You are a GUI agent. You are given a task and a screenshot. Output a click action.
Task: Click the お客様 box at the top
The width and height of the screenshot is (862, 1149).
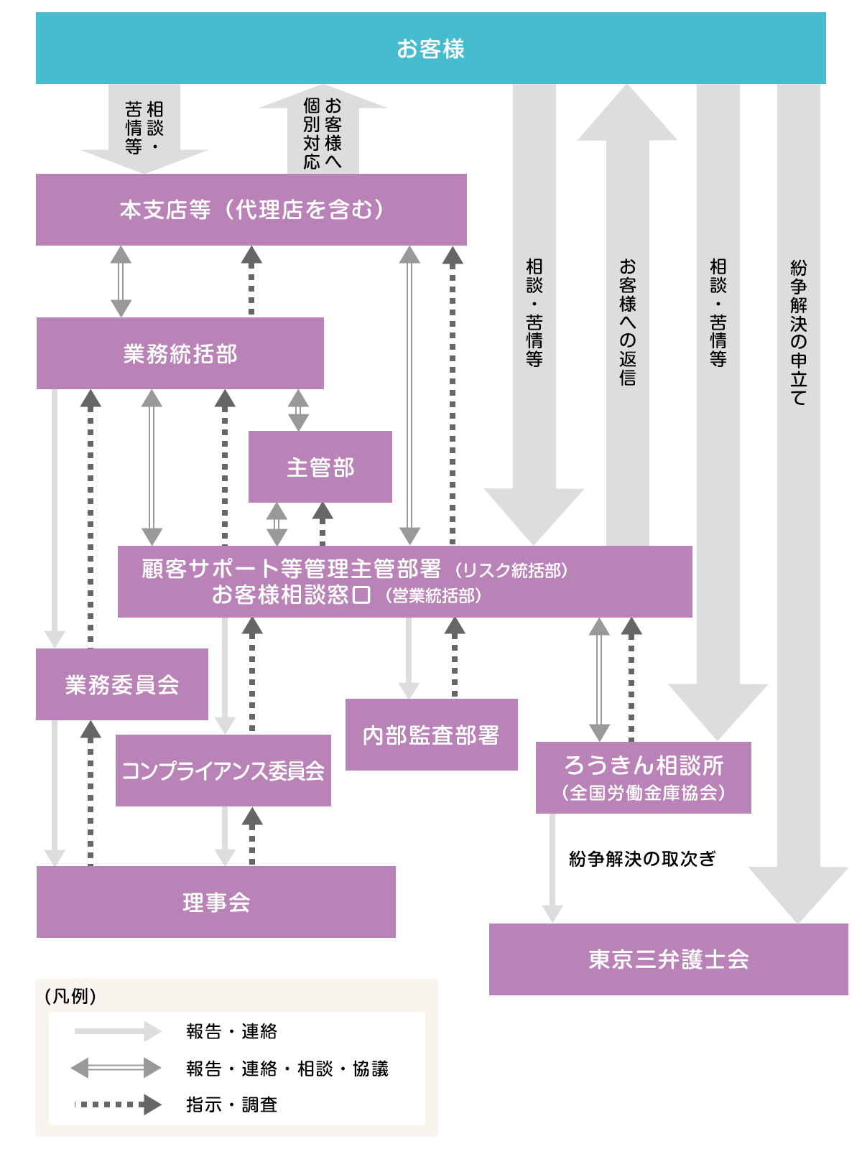click(x=431, y=49)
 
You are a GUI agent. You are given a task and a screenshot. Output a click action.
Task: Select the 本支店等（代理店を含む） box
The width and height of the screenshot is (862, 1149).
click(x=251, y=210)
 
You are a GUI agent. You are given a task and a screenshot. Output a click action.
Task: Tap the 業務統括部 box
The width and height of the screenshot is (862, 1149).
click(x=180, y=353)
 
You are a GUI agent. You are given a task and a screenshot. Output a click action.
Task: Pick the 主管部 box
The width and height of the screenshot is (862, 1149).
click(x=320, y=467)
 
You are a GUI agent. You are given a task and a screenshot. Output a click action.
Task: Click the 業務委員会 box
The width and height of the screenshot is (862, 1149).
click(x=122, y=684)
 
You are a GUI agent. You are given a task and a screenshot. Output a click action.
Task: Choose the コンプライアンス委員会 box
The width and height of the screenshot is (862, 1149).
click(x=223, y=771)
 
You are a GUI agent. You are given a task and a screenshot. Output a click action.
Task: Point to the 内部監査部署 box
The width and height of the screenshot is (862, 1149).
click(x=431, y=735)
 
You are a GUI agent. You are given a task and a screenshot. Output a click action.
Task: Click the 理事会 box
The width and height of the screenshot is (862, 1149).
click(x=215, y=902)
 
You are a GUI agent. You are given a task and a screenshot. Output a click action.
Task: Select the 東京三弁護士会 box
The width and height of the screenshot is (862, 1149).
click(x=668, y=959)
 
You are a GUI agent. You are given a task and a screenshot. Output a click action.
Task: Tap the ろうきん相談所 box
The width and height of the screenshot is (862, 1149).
click(x=643, y=767)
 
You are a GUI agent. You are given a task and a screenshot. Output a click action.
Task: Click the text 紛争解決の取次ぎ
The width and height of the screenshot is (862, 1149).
click(x=642, y=859)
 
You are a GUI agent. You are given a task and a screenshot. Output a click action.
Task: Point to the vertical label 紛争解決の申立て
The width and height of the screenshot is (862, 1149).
click(x=798, y=332)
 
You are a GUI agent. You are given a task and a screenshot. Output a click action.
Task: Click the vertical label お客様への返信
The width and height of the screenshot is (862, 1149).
click(x=627, y=322)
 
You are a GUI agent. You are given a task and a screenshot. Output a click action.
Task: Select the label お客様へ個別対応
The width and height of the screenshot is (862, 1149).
click(x=322, y=134)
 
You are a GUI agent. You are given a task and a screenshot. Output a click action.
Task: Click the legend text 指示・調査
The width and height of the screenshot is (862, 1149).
click(x=231, y=1104)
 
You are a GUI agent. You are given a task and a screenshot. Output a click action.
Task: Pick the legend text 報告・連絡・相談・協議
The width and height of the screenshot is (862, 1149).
click(x=287, y=1069)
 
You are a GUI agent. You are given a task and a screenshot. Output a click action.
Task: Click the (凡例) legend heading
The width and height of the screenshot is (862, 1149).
click(x=70, y=996)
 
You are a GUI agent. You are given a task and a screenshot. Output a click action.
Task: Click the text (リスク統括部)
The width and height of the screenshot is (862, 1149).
click(x=511, y=570)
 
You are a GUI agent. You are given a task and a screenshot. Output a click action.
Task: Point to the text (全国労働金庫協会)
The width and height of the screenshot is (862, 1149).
click(x=643, y=793)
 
